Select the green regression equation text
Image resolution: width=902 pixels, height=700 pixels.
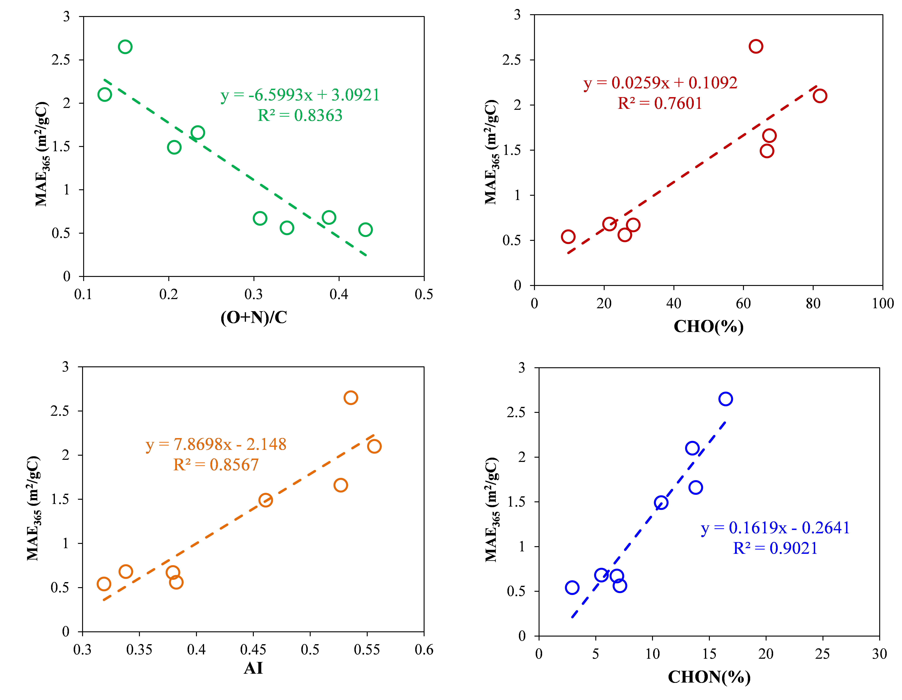click(300, 95)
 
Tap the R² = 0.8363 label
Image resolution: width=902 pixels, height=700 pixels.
click(300, 115)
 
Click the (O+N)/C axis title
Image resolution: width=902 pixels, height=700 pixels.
click(254, 317)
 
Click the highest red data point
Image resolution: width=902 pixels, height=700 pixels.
click(755, 46)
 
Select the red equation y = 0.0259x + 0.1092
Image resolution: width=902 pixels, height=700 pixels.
click(660, 83)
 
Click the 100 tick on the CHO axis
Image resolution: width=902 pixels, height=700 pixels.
click(883, 304)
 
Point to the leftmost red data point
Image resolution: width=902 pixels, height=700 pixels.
click(568, 237)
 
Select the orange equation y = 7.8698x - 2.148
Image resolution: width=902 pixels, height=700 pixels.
click(216, 444)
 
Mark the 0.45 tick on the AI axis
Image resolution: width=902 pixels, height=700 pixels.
click(253, 650)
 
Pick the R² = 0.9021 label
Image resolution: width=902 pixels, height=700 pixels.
click(775, 548)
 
